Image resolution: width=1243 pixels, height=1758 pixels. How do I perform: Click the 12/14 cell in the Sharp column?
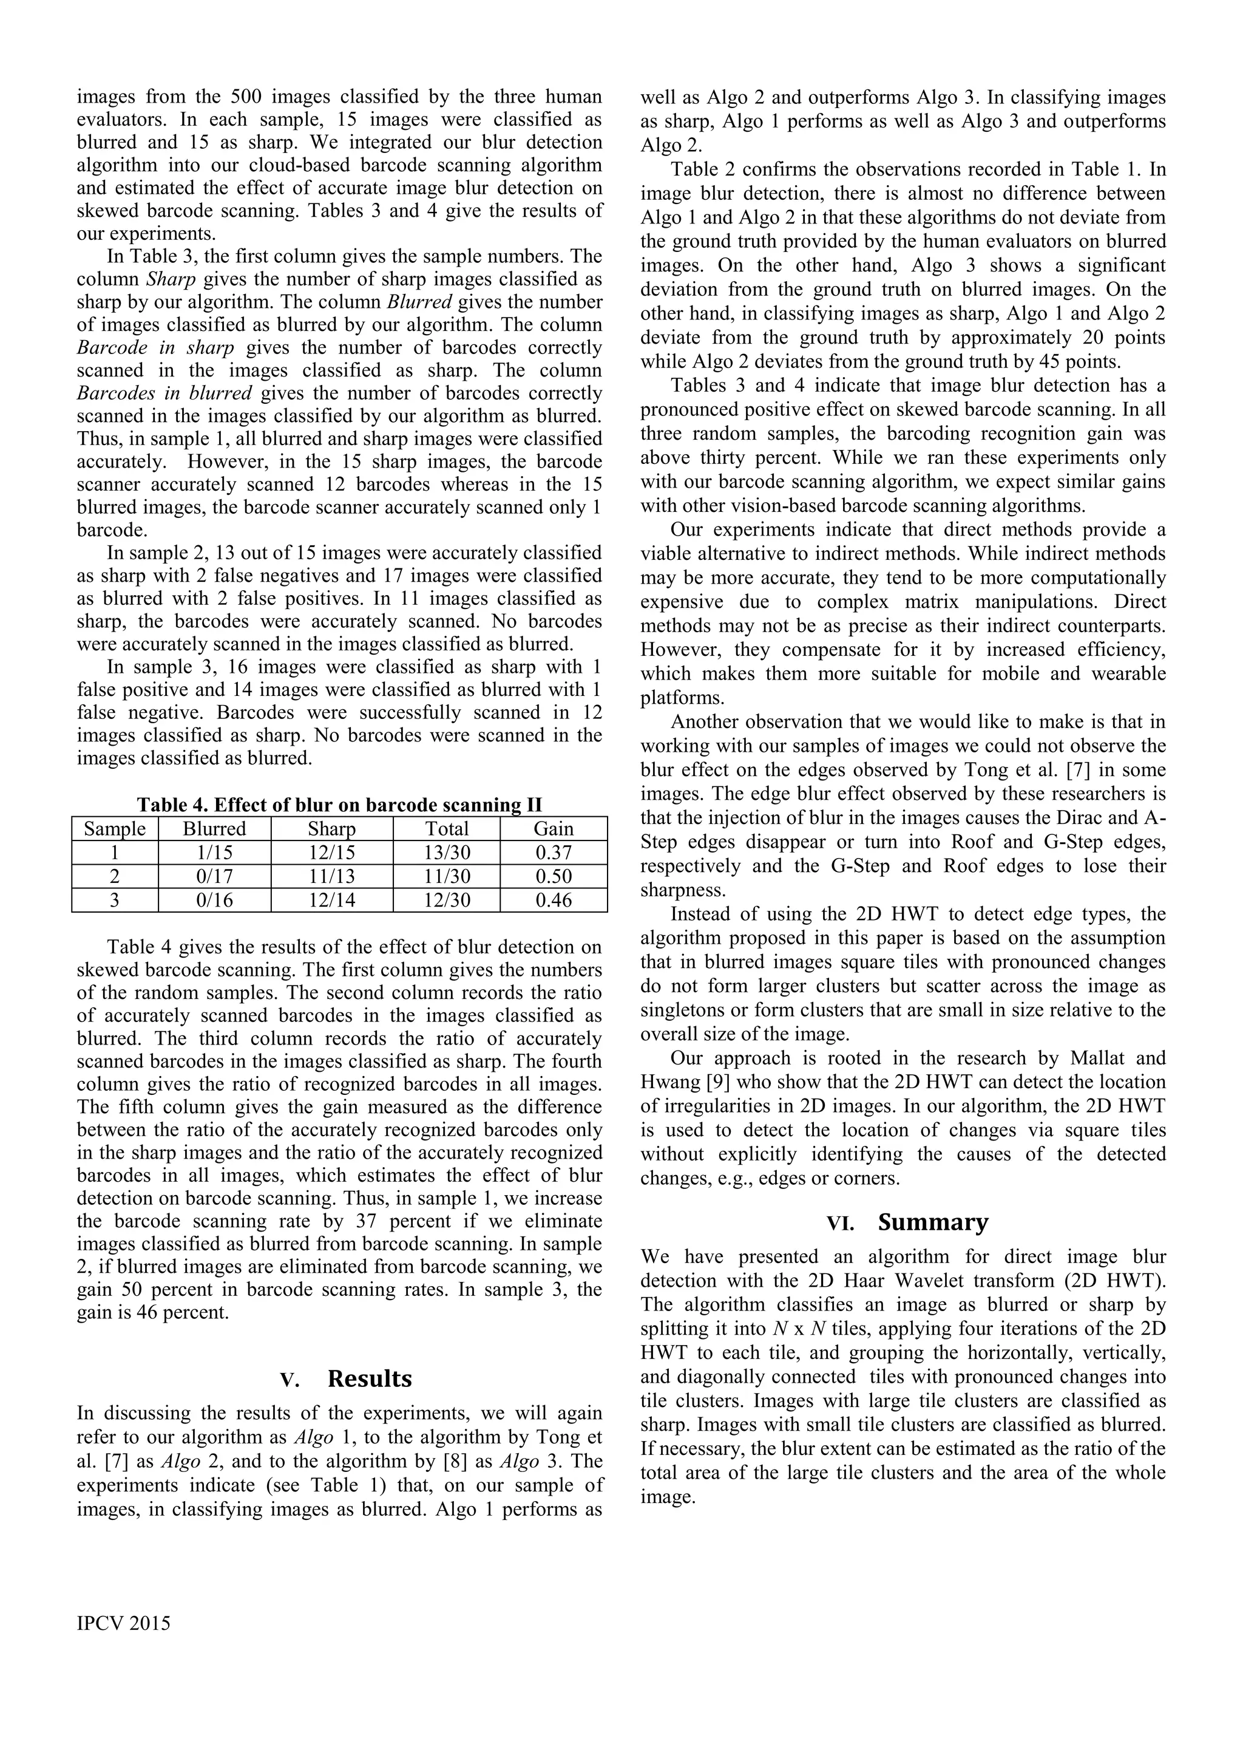tap(331, 901)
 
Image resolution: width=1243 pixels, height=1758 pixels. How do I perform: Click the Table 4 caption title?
tap(339, 805)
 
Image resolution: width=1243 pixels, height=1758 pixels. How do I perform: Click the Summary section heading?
tap(933, 1222)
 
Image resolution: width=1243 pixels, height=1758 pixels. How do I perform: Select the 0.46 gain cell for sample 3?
tap(554, 901)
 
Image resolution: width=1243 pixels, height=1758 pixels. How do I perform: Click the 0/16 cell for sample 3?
tap(214, 901)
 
